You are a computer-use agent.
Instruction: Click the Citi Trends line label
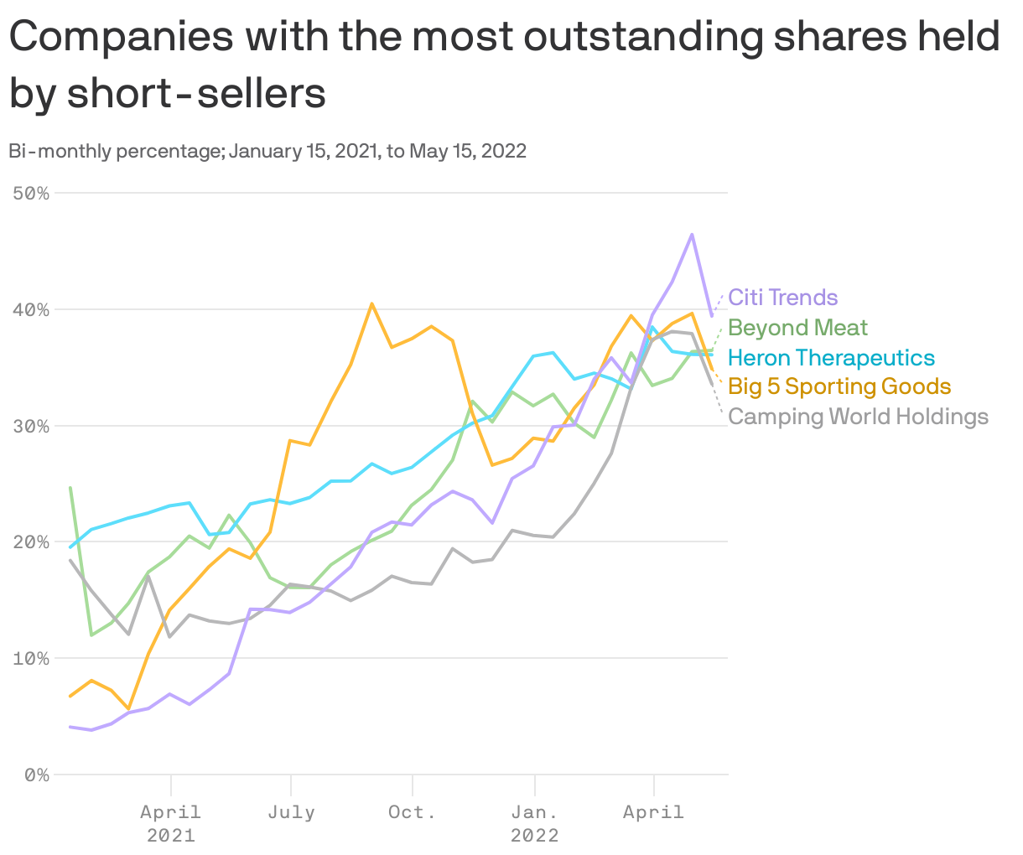click(782, 298)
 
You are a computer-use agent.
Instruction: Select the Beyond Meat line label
click(797, 328)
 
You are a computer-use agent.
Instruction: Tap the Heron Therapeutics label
click(830, 358)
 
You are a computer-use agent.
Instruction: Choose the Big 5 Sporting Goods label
click(839, 386)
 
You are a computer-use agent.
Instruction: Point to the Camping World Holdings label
click(858, 417)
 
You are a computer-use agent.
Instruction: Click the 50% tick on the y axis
click(32, 194)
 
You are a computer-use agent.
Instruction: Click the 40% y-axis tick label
click(32, 310)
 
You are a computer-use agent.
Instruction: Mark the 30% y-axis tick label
click(32, 426)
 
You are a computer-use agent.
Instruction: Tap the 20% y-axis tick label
click(32, 542)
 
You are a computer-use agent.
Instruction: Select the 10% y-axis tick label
click(32, 659)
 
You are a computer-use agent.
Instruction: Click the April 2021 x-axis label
click(171, 823)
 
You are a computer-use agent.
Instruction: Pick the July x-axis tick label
click(291, 812)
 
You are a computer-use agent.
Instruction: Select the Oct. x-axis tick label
click(412, 812)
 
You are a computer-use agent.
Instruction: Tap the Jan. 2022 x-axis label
click(534, 823)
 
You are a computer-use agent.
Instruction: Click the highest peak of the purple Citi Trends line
click(692, 234)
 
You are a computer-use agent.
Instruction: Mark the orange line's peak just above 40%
click(371, 303)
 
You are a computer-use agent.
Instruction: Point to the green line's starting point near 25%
click(70, 487)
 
